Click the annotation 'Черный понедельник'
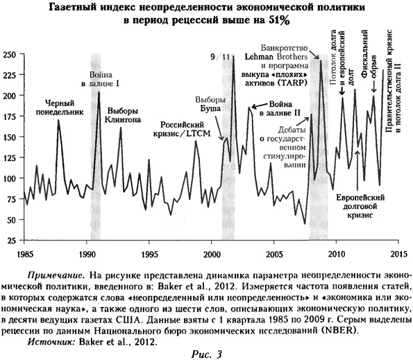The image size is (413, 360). click(60, 105)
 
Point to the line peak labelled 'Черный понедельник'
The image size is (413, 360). click(58, 120)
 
